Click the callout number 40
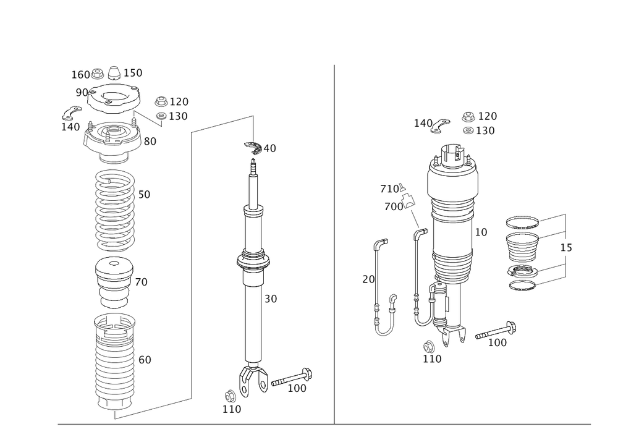pyautogui.click(x=272, y=148)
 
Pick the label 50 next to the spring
pyautogui.click(x=144, y=194)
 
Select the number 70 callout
pyautogui.click(x=142, y=282)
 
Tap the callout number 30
pyautogui.click(x=270, y=299)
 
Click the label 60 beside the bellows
pyautogui.click(x=144, y=359)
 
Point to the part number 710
pyautogui.click(x=390, y=189)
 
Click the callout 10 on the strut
pyautogui.click(x=481, y=232)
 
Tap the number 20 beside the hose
pyautogui.click(x=368, y=279)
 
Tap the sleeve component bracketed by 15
pyautogui.click(x=523, y=253)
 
